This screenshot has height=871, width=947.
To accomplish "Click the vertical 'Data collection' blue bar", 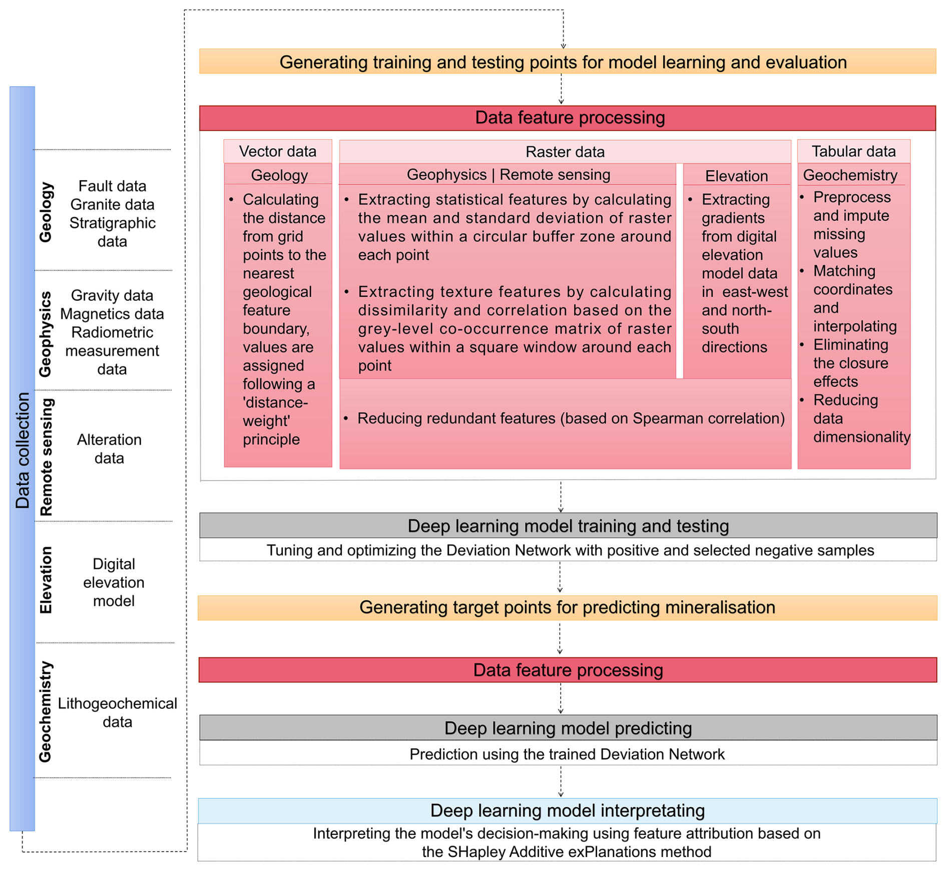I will point(22,451).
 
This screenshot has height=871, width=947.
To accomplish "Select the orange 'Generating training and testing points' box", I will point(567,62).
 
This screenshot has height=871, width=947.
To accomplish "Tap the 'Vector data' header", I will point(277,151).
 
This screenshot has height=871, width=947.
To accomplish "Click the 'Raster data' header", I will point(565,152).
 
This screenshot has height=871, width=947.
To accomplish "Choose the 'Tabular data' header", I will point(853,151).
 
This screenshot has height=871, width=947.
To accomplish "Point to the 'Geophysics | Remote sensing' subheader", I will point(508,175).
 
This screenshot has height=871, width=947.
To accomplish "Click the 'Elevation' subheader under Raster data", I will point(736,176).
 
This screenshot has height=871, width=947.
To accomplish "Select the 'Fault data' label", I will point(112,186).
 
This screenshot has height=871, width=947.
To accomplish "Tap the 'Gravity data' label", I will point(112,295).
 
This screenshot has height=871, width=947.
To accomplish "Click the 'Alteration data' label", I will point(109,449).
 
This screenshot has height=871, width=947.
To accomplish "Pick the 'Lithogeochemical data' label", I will point(117,712).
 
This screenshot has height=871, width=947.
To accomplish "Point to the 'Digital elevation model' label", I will point(114,582).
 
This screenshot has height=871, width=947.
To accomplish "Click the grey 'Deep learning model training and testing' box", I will point(568,526).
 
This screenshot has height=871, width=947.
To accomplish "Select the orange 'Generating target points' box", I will point(567,607).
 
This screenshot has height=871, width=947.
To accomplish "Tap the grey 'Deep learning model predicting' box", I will point(568,728).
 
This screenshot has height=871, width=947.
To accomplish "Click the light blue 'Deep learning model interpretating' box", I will point(567,810).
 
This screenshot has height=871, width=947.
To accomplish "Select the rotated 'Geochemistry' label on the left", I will point(46,712).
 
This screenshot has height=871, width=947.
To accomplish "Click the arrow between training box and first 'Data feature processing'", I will point(561,89).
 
